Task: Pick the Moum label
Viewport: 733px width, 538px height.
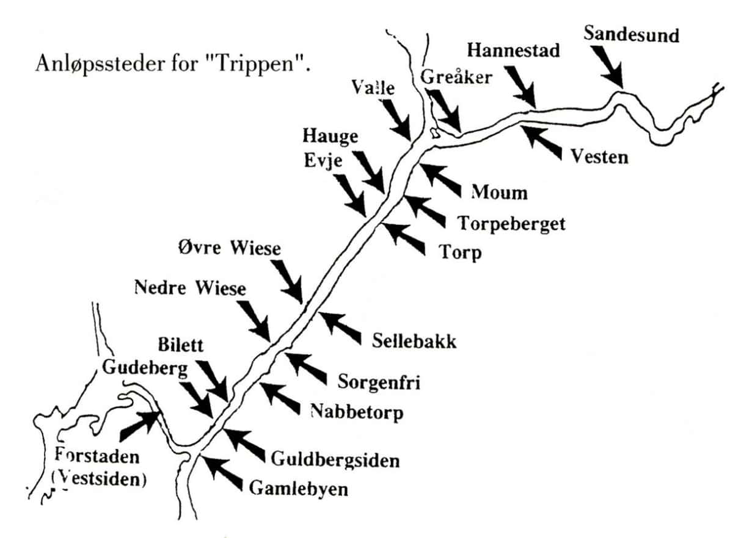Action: click(x=499, y=193)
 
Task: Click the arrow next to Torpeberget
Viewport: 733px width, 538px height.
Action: click(x=425, y=210)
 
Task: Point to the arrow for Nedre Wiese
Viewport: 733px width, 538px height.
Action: click(x=254, y=321)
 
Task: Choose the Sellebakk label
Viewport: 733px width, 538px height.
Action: click(x=414, y=341)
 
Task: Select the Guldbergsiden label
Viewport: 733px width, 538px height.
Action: click(x=335, y=458)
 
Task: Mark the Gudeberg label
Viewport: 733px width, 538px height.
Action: click(x=145, y=368)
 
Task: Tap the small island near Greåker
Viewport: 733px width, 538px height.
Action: click(x=434, y=132)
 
